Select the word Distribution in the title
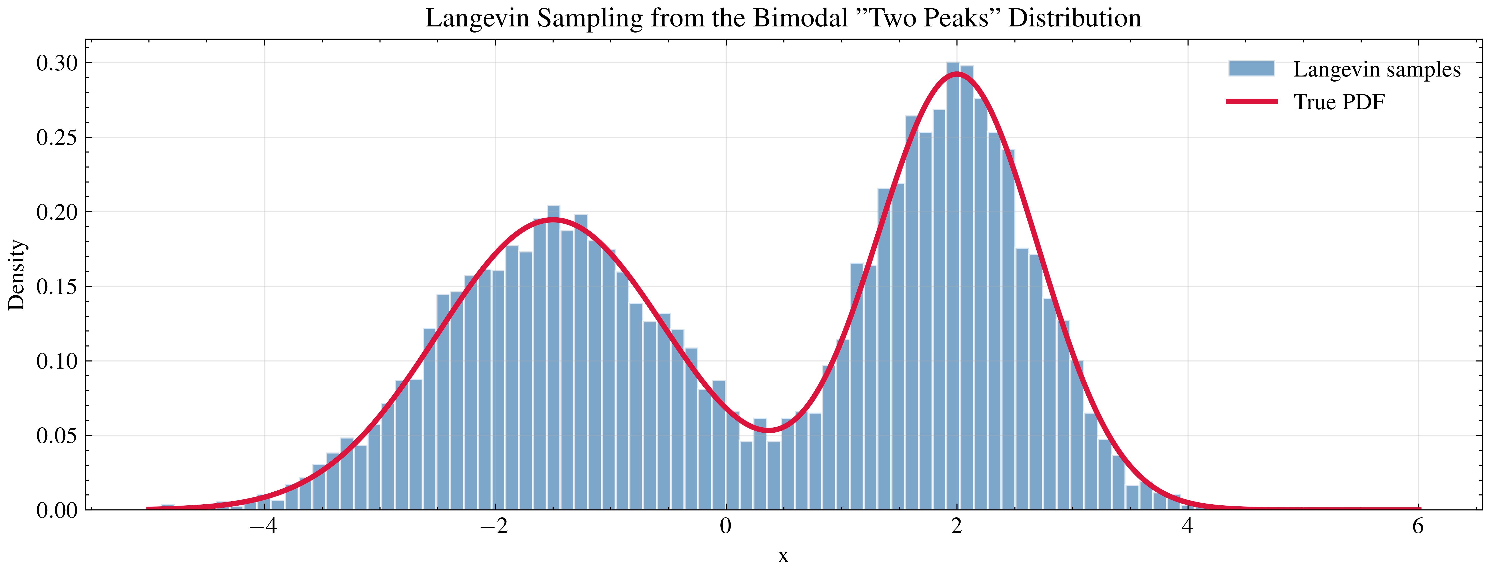coord(1074,19)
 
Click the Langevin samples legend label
coord(1377,69)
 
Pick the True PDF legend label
coord(1339,102)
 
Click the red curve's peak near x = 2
coord(957,73)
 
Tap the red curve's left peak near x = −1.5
coord(553,219)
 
